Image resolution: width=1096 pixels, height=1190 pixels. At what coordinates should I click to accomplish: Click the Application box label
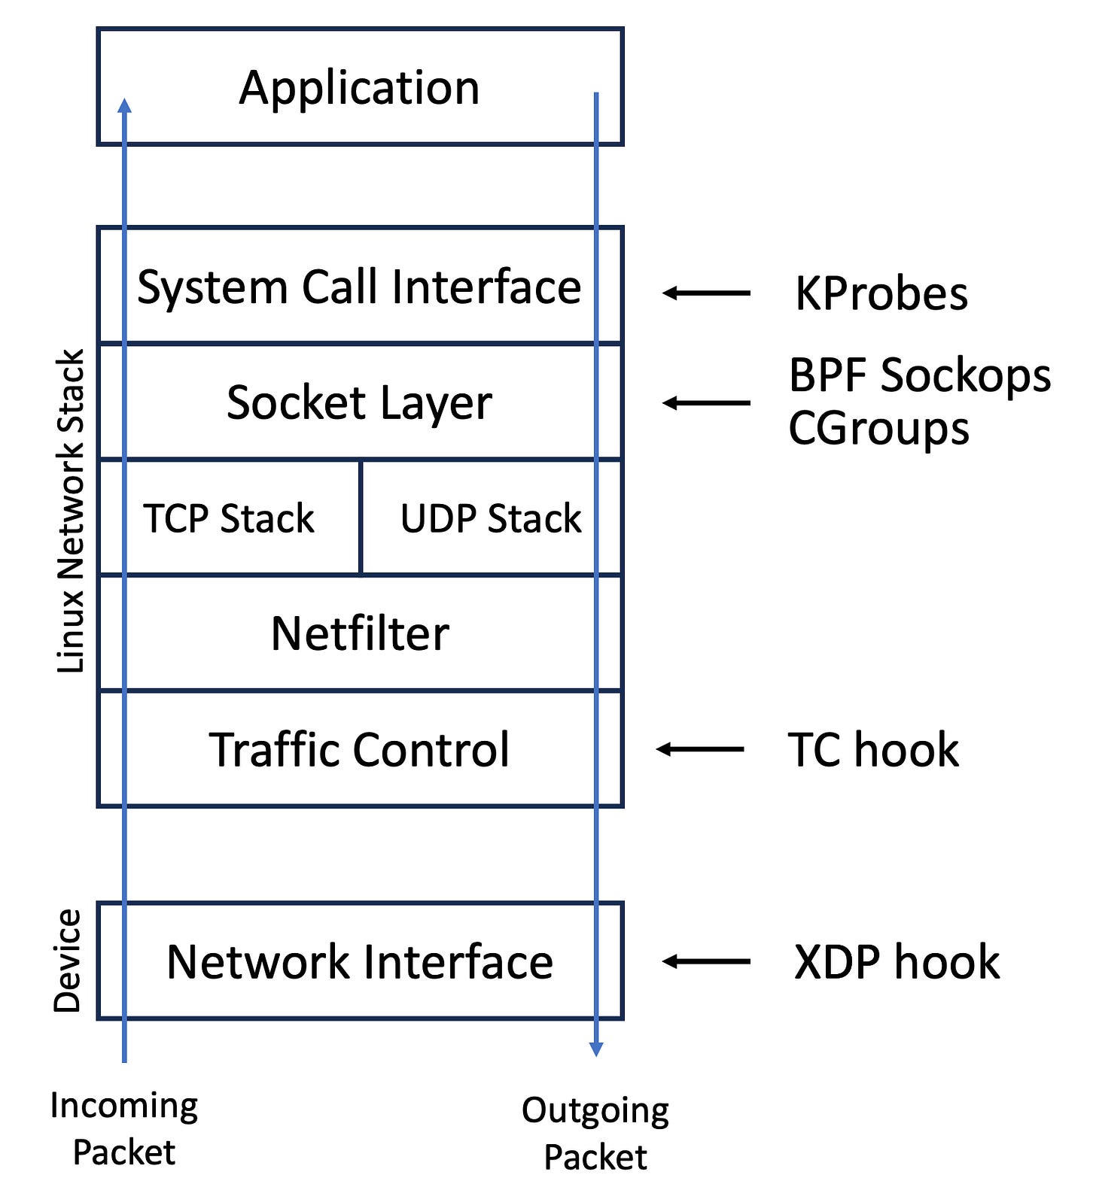click(359, 88)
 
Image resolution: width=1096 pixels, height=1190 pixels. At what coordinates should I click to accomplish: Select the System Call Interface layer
click(359, 287)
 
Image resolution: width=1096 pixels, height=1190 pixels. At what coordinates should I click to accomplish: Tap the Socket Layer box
click(359, 402)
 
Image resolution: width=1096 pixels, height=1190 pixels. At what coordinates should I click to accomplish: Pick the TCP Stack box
click(229, 518)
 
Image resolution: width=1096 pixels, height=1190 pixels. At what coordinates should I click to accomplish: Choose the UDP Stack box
click(491, 518)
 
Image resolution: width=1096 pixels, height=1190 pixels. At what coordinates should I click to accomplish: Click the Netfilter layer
click(359, 633)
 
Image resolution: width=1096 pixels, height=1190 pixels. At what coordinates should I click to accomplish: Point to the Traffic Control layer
click(359, 749)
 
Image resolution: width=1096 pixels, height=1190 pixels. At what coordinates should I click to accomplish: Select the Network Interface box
click(359, 961)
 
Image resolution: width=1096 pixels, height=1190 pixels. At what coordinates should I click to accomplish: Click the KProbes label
click(881, 293)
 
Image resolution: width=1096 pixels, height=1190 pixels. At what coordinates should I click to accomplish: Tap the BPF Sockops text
click(919, 375)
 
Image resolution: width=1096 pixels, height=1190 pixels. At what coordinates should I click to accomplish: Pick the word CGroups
click(878, 429)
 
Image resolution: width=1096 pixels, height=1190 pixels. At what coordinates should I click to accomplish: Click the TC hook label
click(873, 750)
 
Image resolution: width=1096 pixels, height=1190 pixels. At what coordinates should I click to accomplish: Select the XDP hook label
click(897, 962)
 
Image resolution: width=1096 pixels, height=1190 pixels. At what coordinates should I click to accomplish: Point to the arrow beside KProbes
click(706, 293)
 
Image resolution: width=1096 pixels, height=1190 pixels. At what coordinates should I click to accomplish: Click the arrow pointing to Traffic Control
click(700, 749)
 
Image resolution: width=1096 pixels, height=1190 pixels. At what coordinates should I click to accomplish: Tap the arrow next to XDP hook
click(706, 961)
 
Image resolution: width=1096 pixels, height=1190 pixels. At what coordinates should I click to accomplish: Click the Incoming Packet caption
click(124, 1128)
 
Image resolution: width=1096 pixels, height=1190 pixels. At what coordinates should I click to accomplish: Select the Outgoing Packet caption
click(595, 1133)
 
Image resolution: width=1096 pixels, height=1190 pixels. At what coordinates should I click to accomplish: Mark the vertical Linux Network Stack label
click(72, 512)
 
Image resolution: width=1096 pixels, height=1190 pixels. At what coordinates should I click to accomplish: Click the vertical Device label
click(68, 961)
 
